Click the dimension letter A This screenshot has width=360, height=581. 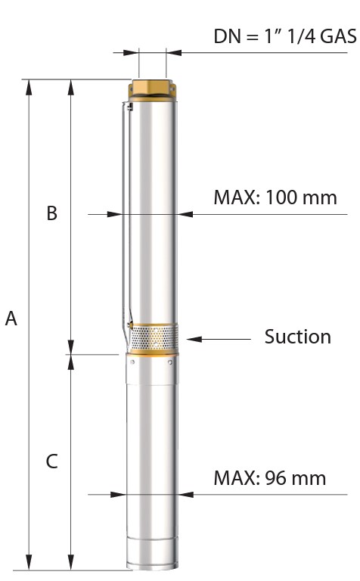tap(11, 318)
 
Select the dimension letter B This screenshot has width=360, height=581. tap(52, 213)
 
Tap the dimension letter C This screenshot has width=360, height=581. tap(52, 461)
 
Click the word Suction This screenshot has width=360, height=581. tap(298, 337)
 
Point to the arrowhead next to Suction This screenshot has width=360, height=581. tap(194, 339)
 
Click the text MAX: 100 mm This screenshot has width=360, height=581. tap(275, 197)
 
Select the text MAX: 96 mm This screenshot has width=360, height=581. tap(270, 478)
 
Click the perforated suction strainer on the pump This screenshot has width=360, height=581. tap(154, 338)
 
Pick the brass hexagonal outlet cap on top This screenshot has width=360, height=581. tap(152, 89)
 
